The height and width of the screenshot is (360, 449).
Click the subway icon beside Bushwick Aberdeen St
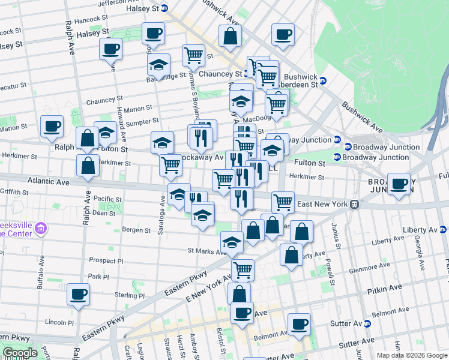(322, 80)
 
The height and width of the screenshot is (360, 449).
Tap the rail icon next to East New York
(355, 204)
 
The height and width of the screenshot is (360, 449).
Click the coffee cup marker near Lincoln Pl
(78, 294)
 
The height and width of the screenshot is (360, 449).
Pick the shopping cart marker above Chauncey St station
(193, 55)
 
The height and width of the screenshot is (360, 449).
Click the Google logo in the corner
(19, 353)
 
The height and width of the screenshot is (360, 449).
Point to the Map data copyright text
(411, 355)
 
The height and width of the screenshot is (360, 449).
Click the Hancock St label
(87, 19)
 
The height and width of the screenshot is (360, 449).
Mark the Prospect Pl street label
(106, 262)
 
